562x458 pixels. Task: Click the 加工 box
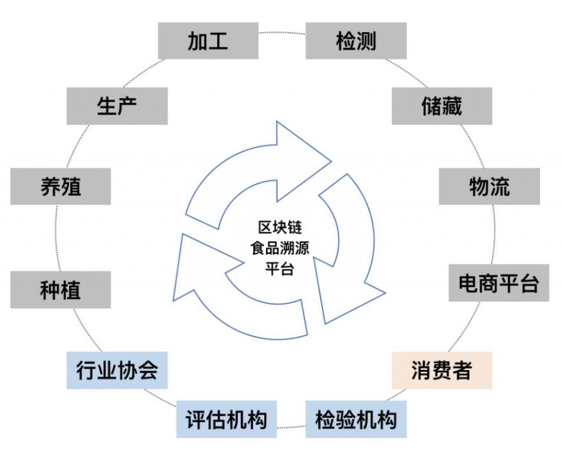tap(208, 41)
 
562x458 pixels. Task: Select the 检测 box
tap(356, 41)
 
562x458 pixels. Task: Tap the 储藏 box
tap(442, 106)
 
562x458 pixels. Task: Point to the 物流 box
tap(489, 186)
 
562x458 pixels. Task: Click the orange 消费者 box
tap(442, 370)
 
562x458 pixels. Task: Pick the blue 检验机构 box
tap(356, 419)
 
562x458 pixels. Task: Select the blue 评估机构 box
tap(226, 419)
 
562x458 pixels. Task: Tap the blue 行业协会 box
tap(117, 370)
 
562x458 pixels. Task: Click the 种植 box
tap(60, 290)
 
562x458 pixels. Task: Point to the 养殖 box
tap(60, 187)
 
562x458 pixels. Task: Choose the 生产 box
tap(117, 106)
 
